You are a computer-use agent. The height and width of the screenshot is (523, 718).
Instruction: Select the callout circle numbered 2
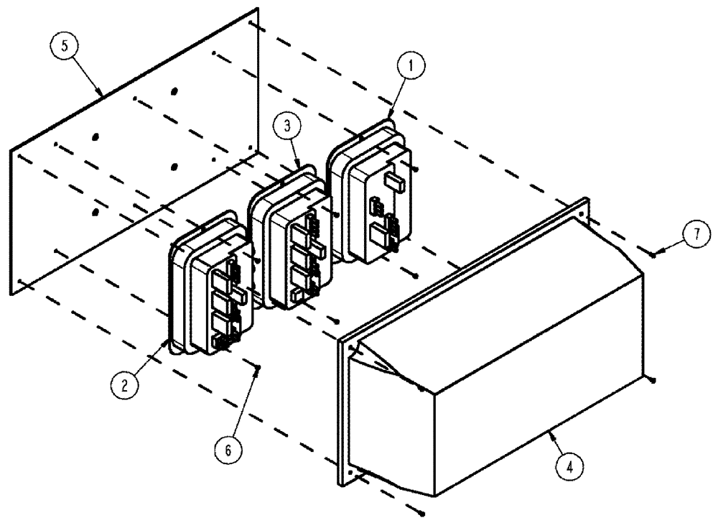click(125, 384)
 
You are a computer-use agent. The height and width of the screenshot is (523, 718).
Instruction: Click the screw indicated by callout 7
click(652, 253)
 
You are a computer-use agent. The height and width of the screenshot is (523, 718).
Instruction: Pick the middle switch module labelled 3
click(291, 241)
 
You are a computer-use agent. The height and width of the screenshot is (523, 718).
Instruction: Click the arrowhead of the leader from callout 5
click(102, 93)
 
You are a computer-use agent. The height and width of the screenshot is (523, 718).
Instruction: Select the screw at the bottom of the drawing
click(423, 513)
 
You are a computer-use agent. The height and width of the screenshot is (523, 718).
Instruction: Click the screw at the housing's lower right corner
click(651, 378)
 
